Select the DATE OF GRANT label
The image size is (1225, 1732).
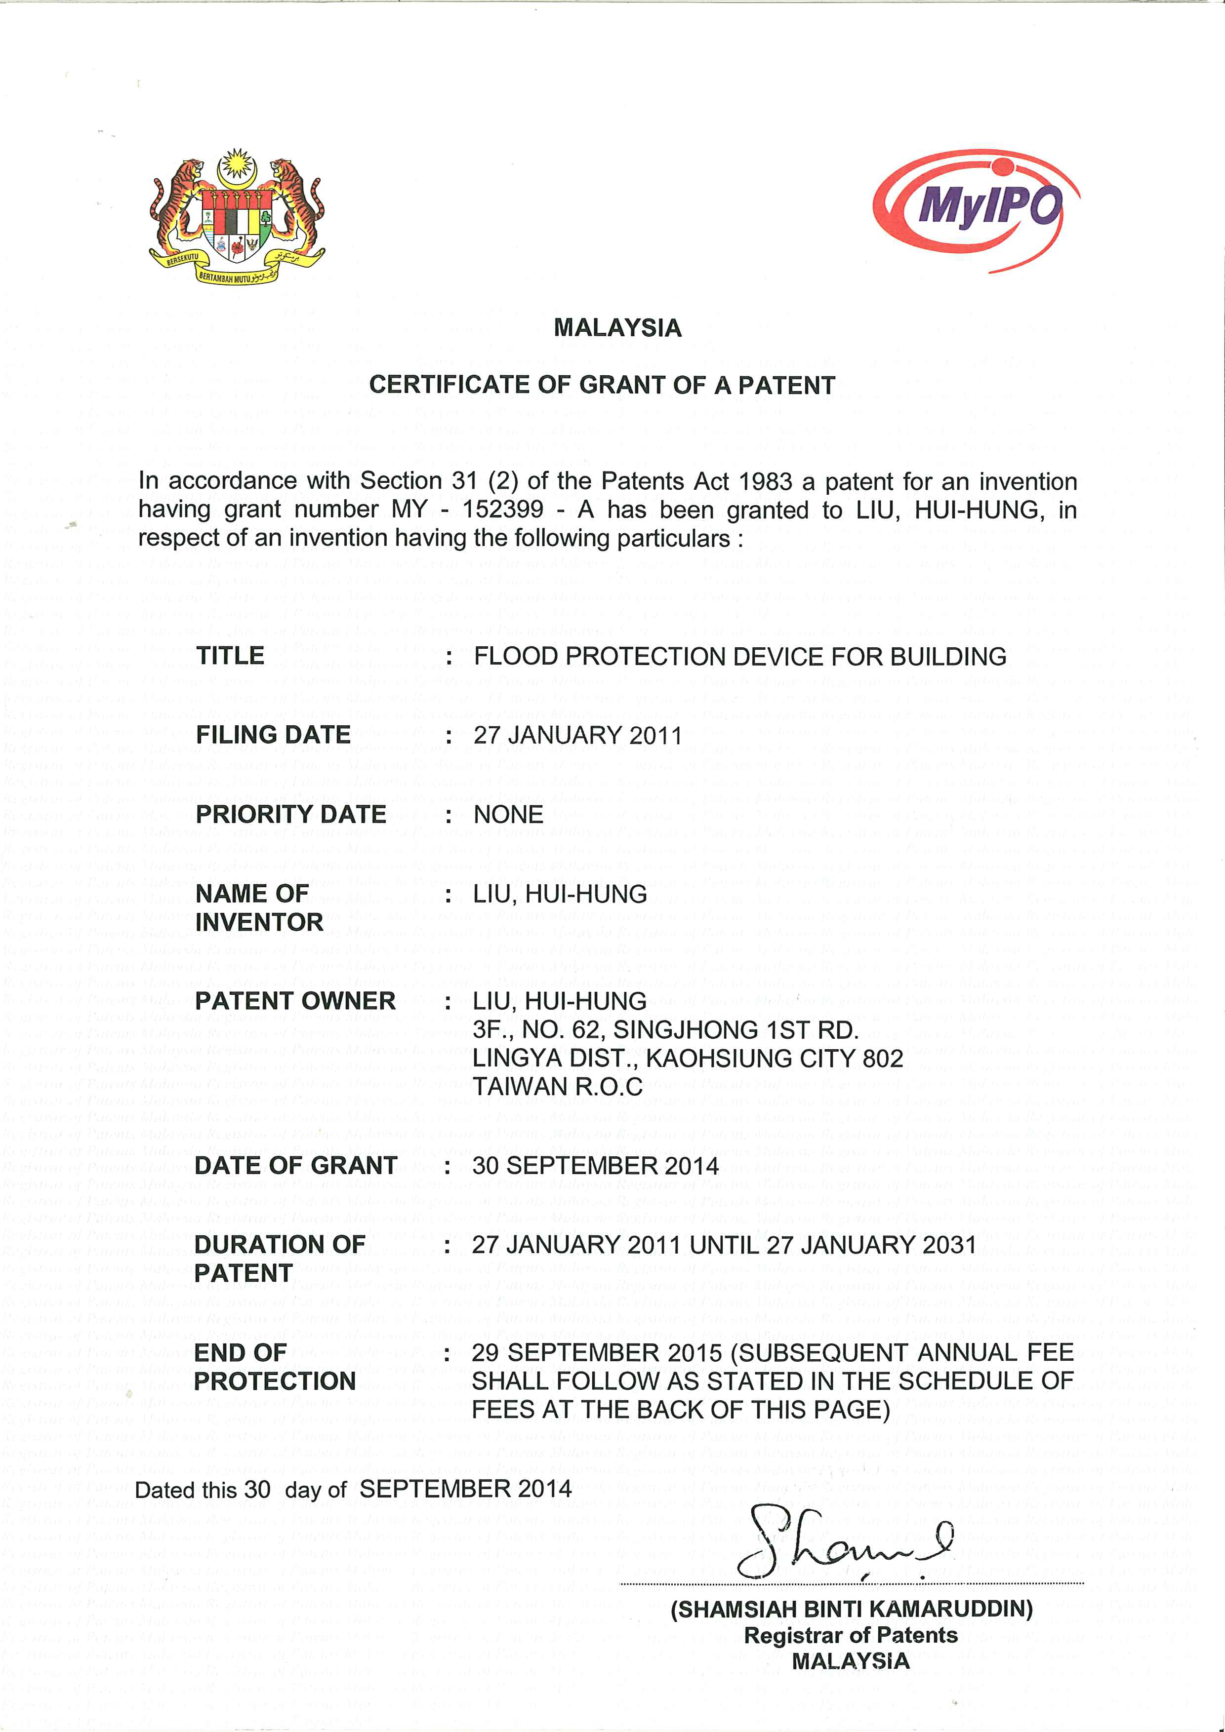pos(295,1166)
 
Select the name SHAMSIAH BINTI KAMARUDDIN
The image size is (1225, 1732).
pos(852,1609)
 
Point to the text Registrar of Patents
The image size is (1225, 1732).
pos(851,1635)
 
